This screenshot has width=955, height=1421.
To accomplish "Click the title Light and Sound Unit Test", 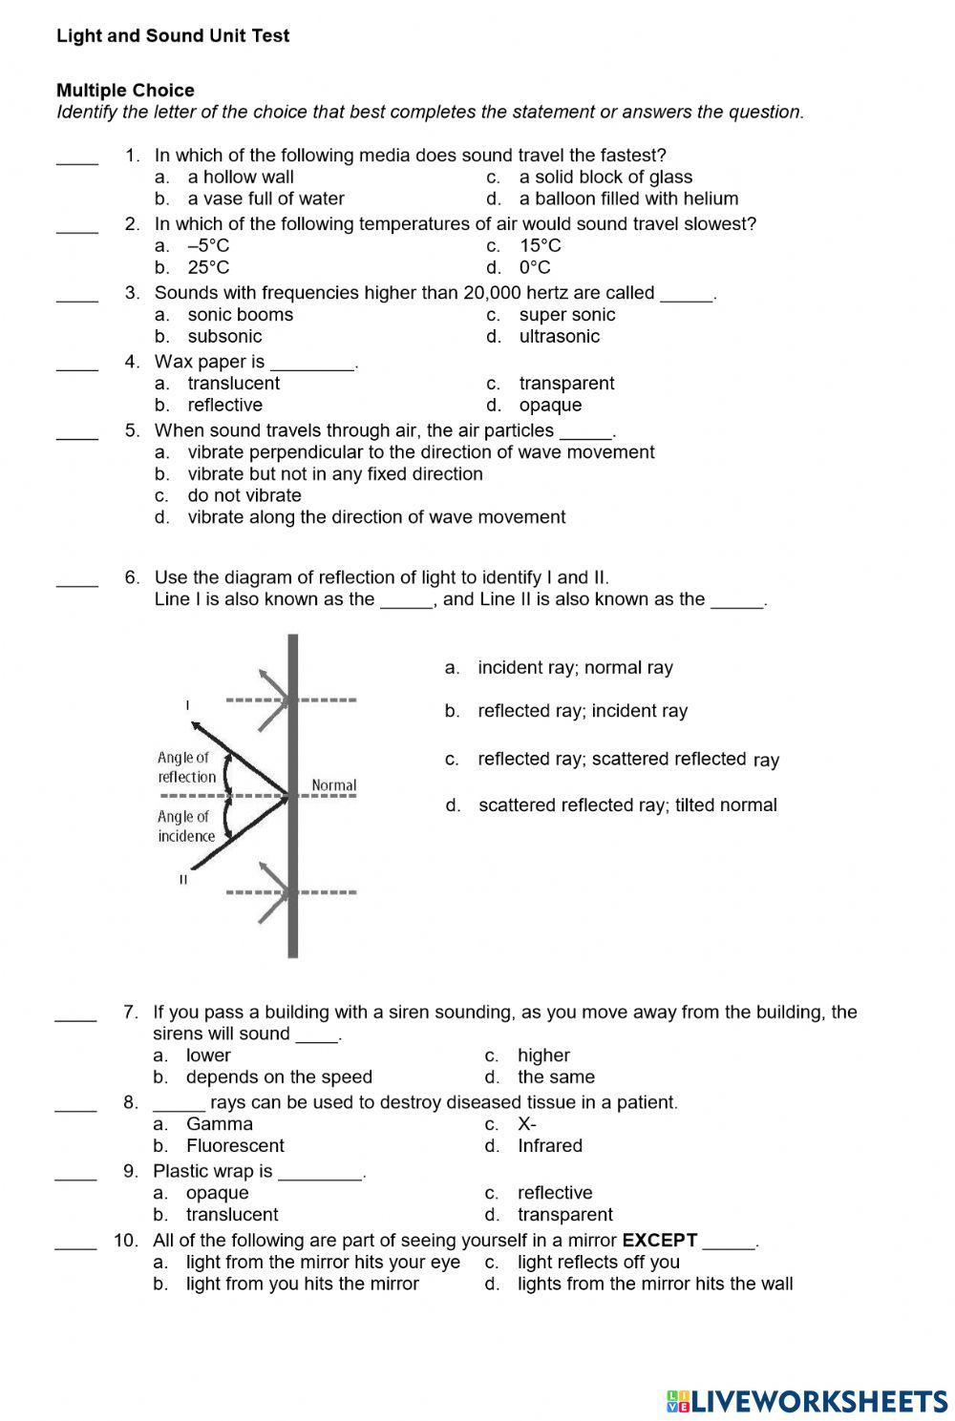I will point(173,36).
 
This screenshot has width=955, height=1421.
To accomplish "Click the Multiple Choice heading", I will point(125,91).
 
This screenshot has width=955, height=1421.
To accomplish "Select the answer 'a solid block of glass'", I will point(605,177).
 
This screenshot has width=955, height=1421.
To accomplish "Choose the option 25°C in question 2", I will point(208,267).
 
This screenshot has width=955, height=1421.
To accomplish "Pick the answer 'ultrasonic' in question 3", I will point(559,336).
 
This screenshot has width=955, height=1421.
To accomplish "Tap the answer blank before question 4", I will point(77,364).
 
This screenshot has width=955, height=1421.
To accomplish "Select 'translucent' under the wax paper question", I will point(233,383).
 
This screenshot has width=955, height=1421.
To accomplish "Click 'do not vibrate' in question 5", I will point(244,495).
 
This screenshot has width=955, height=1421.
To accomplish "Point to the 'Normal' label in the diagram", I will point(333,785).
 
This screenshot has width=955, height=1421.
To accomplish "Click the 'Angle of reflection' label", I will point(186,767).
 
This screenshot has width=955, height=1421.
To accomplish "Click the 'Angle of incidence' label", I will point(186,826).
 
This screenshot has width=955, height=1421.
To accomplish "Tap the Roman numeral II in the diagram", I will point(183,879).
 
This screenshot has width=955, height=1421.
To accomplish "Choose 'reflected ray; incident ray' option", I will point(582,711).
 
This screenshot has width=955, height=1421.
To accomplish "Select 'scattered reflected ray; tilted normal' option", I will point(626,805).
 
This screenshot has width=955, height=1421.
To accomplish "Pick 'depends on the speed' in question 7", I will point(278,1076).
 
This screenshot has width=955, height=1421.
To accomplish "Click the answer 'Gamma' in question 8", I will point(219,1124).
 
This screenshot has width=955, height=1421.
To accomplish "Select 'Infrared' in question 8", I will point(549,1145).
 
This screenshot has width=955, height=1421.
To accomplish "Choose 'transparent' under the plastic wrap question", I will point(564,1214).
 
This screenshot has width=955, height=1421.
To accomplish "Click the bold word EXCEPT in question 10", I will point(659,1240).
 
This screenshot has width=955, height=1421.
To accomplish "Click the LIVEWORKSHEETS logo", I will point(807,1400).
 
